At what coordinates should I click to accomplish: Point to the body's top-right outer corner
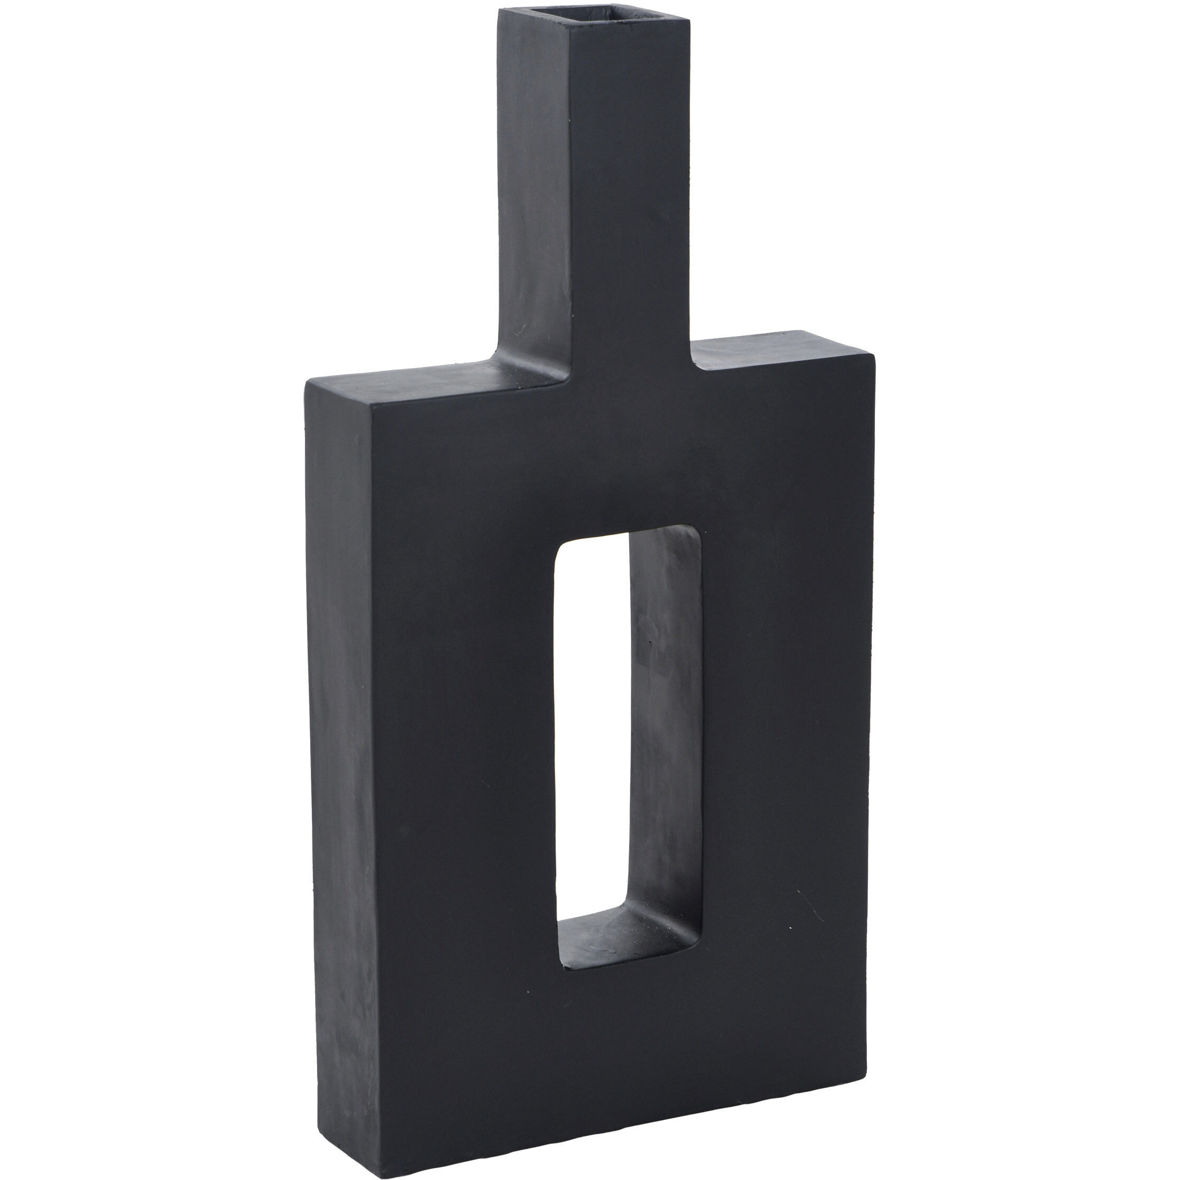pos(873,354)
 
